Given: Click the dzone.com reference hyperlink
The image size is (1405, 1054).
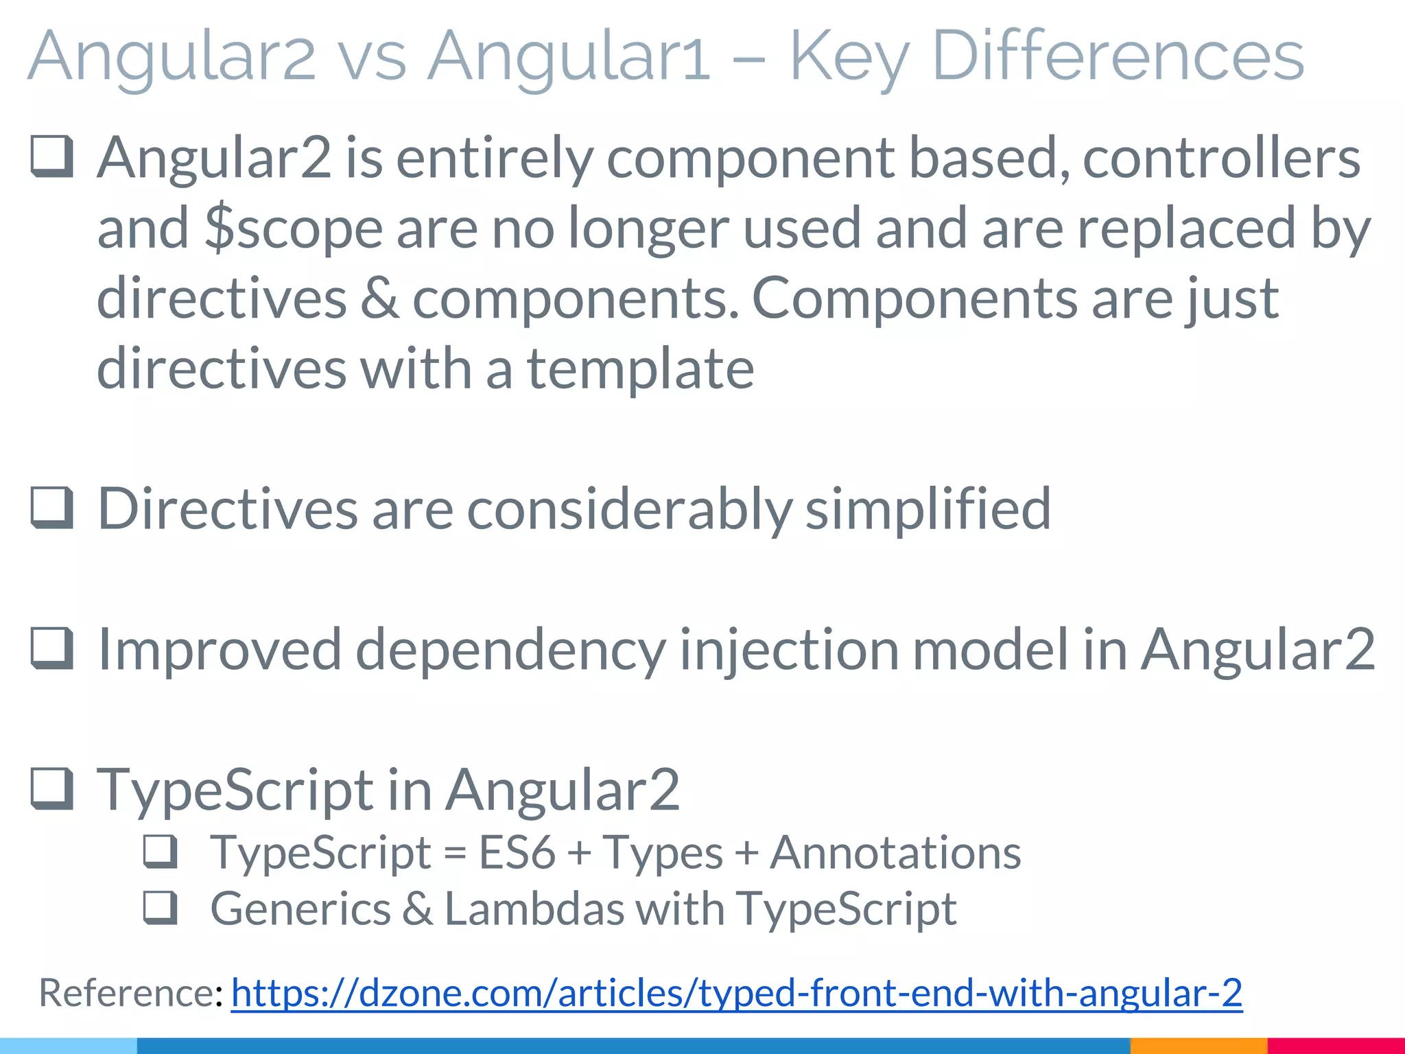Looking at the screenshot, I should coord(736,992).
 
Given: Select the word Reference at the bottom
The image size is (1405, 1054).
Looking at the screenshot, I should coord(127,992).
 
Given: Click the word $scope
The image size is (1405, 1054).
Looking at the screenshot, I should coord(294,229).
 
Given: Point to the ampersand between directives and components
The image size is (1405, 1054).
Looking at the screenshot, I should coord(379,298).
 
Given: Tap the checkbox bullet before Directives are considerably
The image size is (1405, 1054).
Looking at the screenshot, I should coord(52,508).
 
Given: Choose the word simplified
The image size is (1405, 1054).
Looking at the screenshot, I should coord(928,508).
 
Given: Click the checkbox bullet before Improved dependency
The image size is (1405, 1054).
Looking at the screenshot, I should coord(52,648).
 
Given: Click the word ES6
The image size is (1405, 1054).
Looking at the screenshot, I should coord(517,853).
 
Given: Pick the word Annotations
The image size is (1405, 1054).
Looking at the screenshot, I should coord(895,853).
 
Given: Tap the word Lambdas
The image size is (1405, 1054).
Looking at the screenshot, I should coord(535,909).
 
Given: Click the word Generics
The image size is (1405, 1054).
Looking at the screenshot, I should coord(300,909).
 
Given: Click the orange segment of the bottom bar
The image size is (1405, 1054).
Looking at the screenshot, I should coord(1198,1046).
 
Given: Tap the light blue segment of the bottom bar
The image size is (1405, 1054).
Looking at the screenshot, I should coord(68,1046).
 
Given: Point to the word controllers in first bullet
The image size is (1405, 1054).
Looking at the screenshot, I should coord(1221,159).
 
